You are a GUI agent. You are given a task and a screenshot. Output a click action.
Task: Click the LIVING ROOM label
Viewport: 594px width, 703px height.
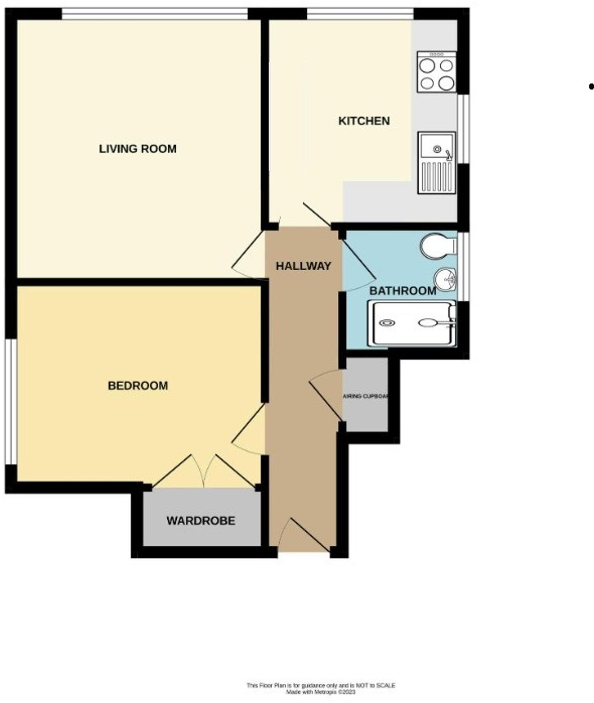(x=138, y=149)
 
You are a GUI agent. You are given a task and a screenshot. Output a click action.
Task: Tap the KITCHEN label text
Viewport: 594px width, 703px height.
(x=364, y=121)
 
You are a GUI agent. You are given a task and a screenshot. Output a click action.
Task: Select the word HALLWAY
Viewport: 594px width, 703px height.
(x=303, y=266)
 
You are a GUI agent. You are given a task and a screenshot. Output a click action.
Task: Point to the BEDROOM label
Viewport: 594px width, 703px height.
(x=138, y=386)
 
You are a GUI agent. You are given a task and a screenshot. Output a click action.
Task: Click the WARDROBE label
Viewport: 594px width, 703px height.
(x=201, y=521)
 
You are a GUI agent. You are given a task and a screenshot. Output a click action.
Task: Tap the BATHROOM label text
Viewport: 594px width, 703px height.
(x=403, y=290)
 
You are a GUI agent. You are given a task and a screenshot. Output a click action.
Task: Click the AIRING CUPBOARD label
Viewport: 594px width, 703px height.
(x=365, y=396)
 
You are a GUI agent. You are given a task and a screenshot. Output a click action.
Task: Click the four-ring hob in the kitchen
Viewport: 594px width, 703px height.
(x=437, y=73)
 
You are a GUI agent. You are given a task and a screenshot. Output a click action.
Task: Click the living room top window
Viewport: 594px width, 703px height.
(x=155, y=14)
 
